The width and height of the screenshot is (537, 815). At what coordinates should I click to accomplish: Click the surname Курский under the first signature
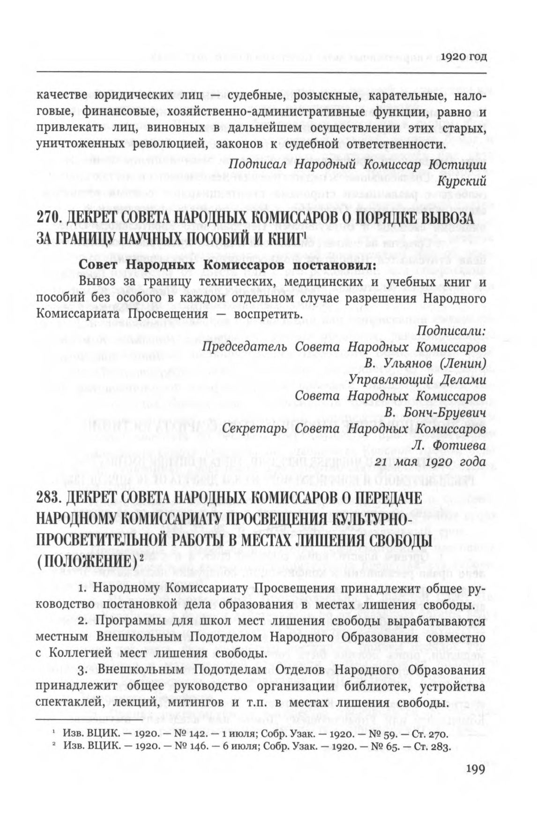point(461,181)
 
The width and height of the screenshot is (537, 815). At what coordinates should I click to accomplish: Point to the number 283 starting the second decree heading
point(47,498)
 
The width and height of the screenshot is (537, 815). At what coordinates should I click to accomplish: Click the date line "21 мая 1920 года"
point(430,462)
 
